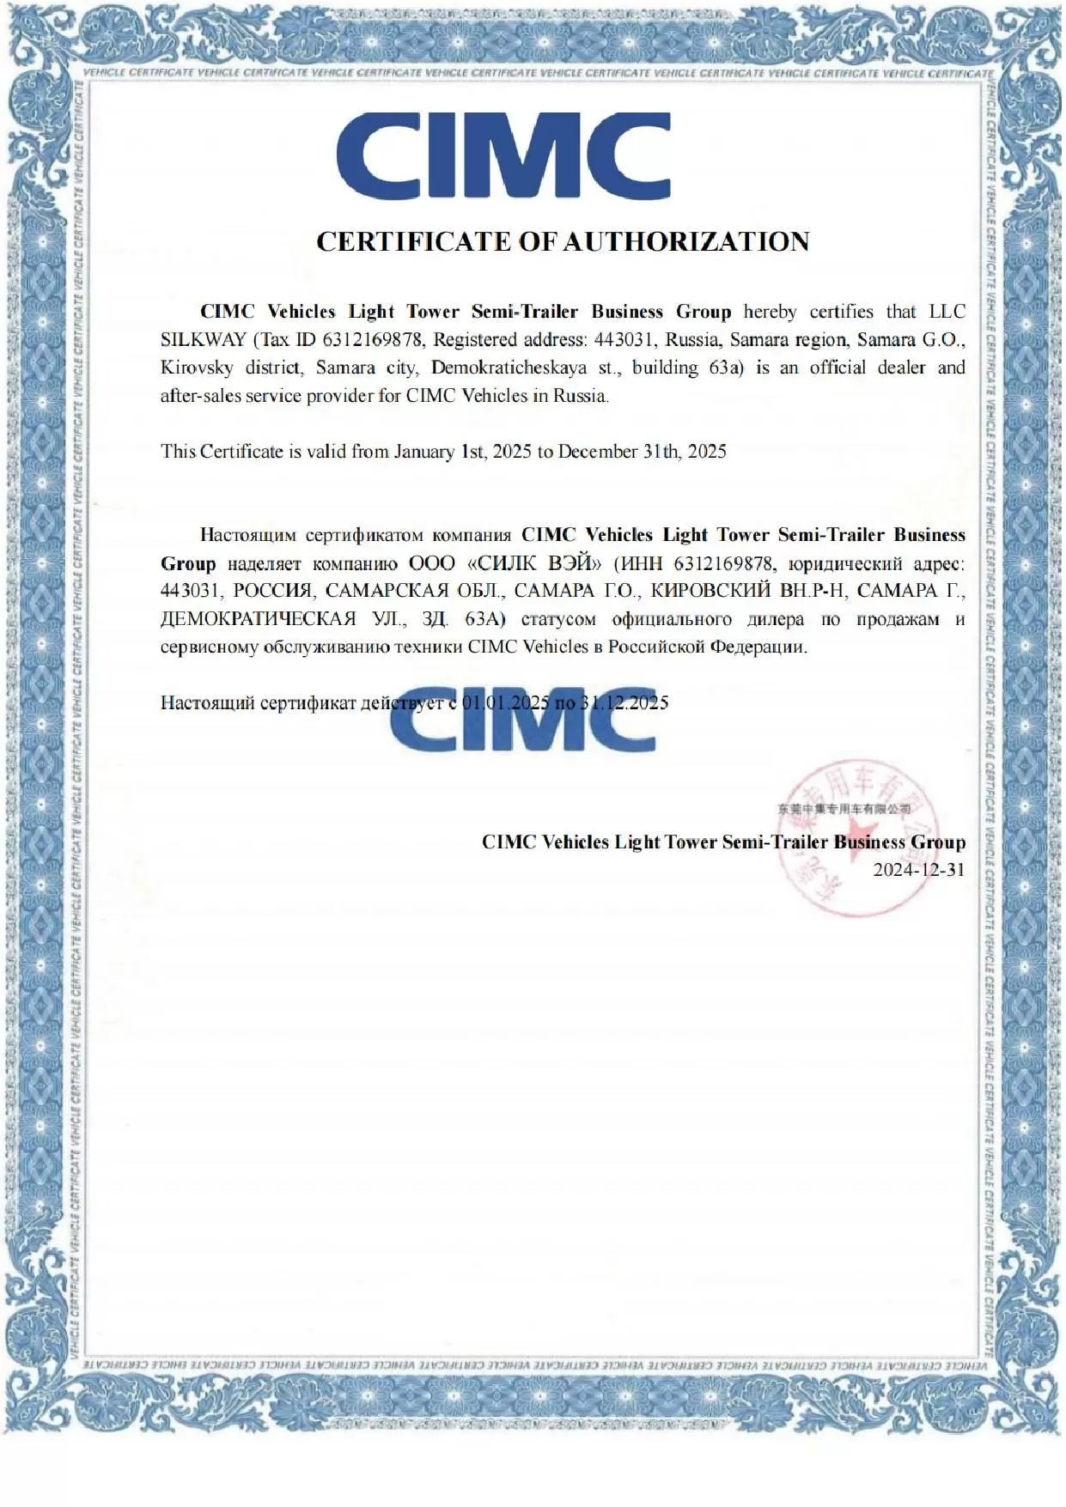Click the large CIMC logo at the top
pos(503,158)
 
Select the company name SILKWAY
pos(204,339)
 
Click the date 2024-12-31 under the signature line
pos(918,869)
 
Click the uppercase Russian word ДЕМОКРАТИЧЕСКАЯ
pos(259,619)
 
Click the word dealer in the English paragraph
pos(901,368)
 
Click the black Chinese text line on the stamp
pos(844,809)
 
